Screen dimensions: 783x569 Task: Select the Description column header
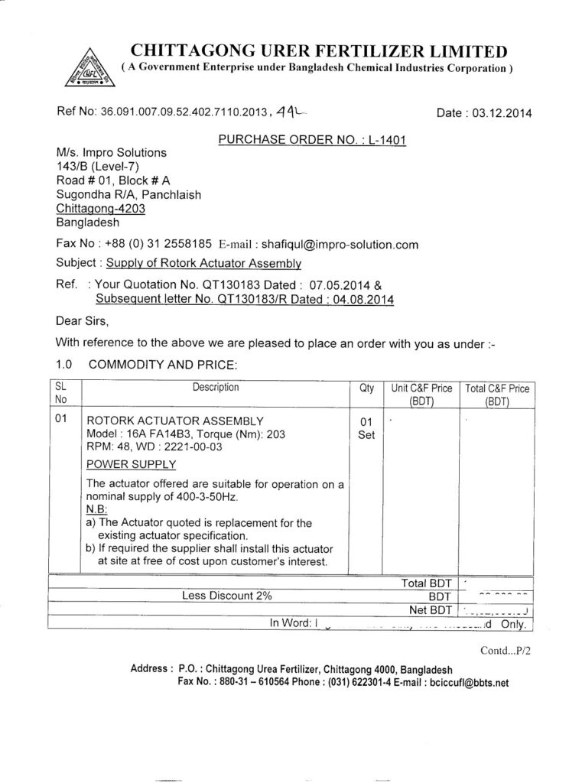[215, 388]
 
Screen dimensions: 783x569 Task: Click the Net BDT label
[428, 609]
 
